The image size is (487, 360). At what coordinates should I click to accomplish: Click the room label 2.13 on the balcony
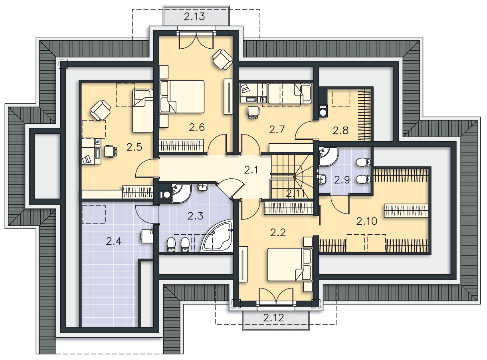coord(194,17)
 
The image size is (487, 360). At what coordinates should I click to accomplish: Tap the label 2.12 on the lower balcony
coord(273,318)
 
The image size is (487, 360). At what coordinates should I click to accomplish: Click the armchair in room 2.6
coord(222,59)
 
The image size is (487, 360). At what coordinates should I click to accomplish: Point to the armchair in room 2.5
coord(100,110)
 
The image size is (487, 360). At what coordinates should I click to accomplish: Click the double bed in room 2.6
coord(182,97)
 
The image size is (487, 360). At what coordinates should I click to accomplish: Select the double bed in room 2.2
coord(290,265)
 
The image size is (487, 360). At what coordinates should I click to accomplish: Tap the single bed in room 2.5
coord(143,111)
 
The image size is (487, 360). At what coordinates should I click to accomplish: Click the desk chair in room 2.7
coord(253,112)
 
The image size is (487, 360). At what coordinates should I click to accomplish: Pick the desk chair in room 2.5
coord(111,151)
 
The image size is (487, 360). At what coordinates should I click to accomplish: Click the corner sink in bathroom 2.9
coord(328,156)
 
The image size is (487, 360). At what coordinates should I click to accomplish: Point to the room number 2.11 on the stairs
coord(295,194)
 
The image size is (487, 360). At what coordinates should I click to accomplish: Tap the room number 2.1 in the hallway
coord(251,170)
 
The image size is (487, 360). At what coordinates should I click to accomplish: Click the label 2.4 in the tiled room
coord(113,241)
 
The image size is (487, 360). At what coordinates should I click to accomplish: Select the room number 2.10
coord(366,221)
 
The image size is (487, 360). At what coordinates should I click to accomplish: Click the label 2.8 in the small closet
coord(341,131)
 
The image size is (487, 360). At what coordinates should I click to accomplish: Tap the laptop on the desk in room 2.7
coord(245,89)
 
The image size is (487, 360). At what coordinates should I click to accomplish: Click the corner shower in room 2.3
coord(181,194)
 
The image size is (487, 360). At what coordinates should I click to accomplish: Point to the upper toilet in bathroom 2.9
coord(363,162)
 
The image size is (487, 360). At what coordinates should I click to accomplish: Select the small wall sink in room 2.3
coord(203,187)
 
